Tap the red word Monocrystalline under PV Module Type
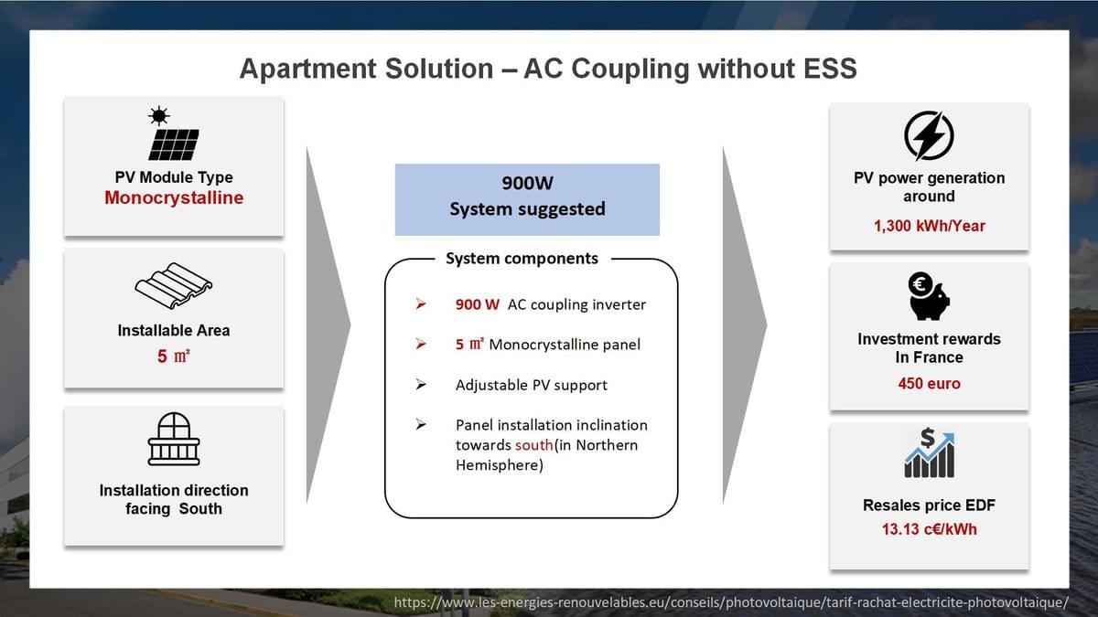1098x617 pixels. [174, 198]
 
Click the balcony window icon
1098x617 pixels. [174, 439]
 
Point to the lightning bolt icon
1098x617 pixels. [929, 135]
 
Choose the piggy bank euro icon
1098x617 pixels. [929, 295]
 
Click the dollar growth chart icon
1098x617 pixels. [929, 452]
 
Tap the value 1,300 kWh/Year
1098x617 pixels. [929, 226]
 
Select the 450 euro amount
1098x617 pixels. [929, 384]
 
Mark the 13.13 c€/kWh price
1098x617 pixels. [929, 529]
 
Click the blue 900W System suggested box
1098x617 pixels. [527, 198]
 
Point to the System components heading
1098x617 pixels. [522, 259]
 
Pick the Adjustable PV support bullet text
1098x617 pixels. [531, 385]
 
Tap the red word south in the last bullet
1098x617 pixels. [533, 445]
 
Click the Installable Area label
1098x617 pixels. [174, 331]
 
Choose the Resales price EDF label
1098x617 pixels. [929, 505]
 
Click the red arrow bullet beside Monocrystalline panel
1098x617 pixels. [421, 345]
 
